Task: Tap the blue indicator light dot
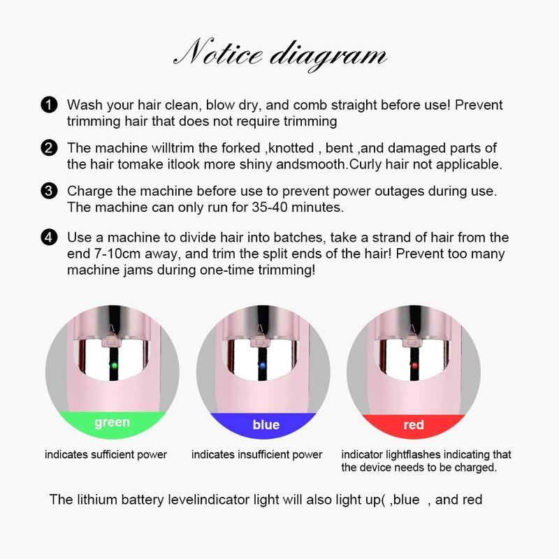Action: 262,365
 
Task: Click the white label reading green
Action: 112,422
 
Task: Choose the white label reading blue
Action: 266,424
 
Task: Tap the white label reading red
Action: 414,424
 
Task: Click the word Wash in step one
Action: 82,105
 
